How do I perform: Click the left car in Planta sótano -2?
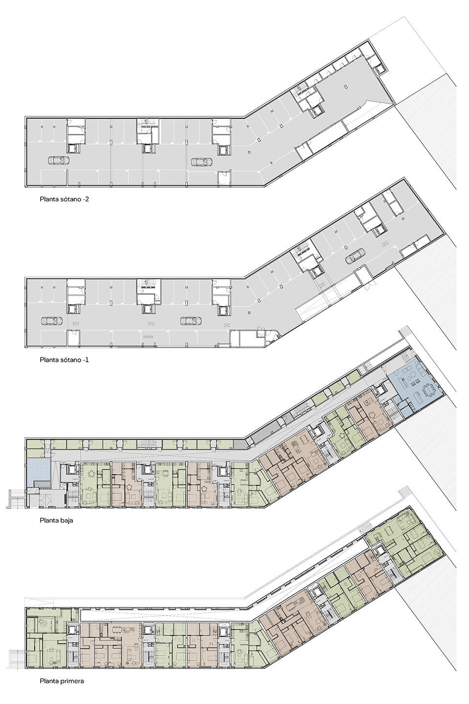59,160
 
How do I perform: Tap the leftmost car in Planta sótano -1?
51,321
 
